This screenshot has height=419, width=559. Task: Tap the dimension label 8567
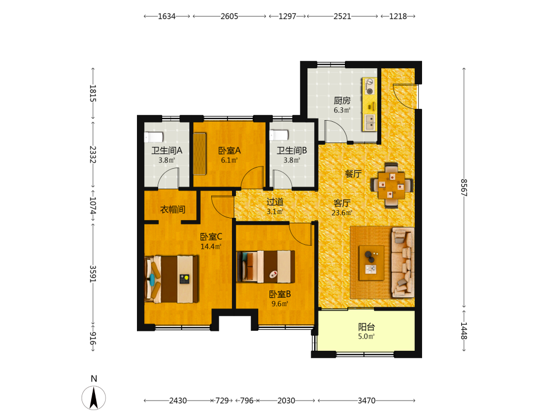point(463,188)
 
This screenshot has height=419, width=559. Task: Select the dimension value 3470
point(367,401)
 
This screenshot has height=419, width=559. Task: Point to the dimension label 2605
point(229,16)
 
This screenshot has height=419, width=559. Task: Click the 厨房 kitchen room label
point(342,101)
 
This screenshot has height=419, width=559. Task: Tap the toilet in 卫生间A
point(153,137)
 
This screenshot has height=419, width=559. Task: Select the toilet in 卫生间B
point(279,135)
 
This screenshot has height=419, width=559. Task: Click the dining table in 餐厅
point(391,185)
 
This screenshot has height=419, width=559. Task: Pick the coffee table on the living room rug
point(372,263)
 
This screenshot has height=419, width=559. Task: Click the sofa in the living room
point(403,262)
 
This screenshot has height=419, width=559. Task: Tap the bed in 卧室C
point(172,279)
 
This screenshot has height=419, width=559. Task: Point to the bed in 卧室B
point(266,266)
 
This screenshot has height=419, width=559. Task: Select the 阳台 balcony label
point(367,327)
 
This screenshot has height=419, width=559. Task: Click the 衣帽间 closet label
point(173,209)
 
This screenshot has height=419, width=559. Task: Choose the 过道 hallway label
point(275,202)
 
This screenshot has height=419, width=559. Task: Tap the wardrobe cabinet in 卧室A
point(200,154)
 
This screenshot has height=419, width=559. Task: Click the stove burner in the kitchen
point(369,87)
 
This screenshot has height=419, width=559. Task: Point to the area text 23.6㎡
point(342,213)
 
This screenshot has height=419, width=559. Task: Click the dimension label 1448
point(463,331)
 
